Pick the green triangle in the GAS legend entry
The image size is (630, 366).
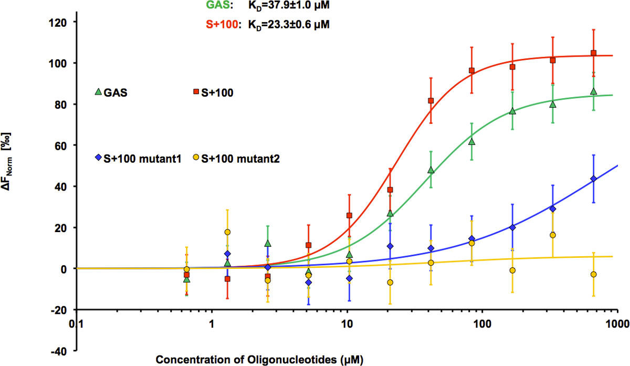(x=97, y=92)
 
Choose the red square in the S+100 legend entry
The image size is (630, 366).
(x=196, y=92)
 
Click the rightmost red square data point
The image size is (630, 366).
(x=593, y=53)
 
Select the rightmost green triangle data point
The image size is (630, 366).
(x=593, y=91)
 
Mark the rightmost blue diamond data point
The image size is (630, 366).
(x=593, y=179)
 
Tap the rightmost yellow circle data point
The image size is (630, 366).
(x=593, y=274)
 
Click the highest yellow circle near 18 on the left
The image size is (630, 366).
(x=227, y=232)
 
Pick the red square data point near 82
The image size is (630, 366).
(x=431, y=100)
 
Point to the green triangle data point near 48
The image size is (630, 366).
(x=431, y=170)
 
